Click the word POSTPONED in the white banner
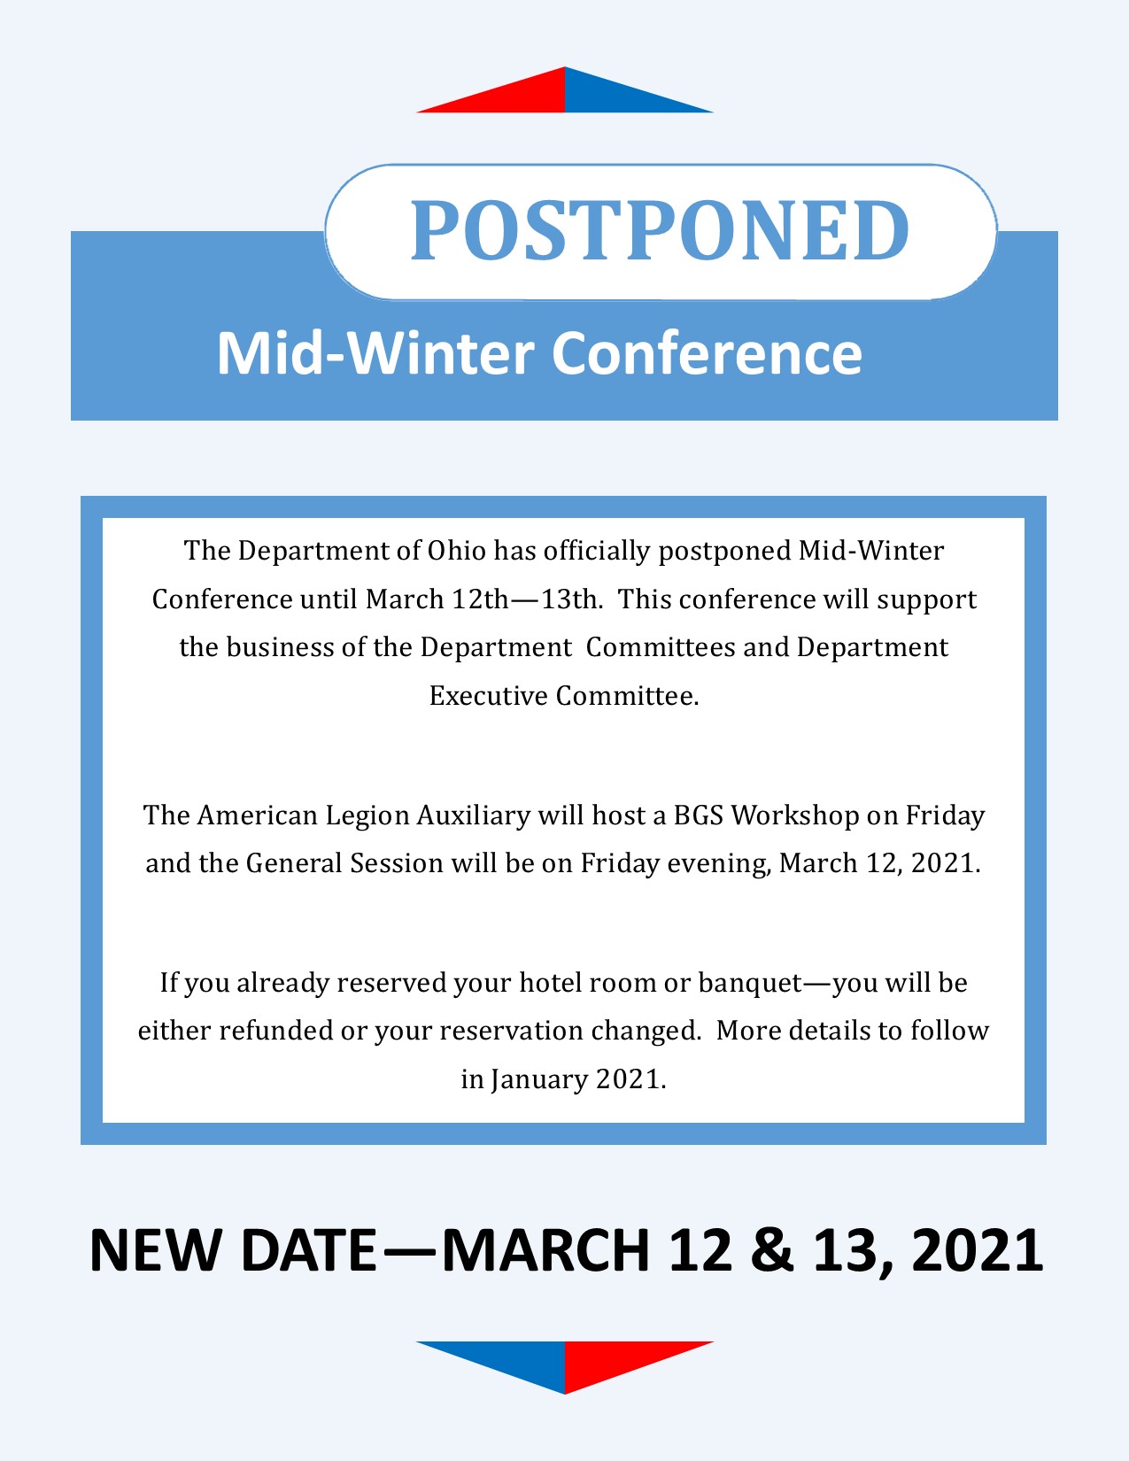pos(660,230)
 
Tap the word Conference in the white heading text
pos(707,353)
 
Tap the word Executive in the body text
pos(489,696)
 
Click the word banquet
pos(750,983)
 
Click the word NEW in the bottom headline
pos(155,1250)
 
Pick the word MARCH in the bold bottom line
pos(545,1250)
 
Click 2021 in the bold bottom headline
pos(977,1250)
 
